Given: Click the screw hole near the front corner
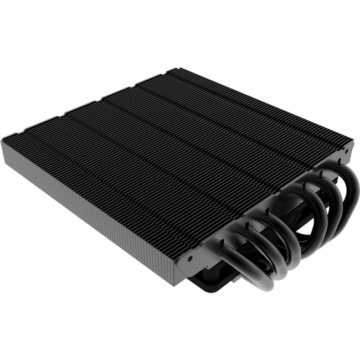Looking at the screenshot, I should tap(189, 258).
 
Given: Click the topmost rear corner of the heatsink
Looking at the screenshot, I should tap(176, 68).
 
